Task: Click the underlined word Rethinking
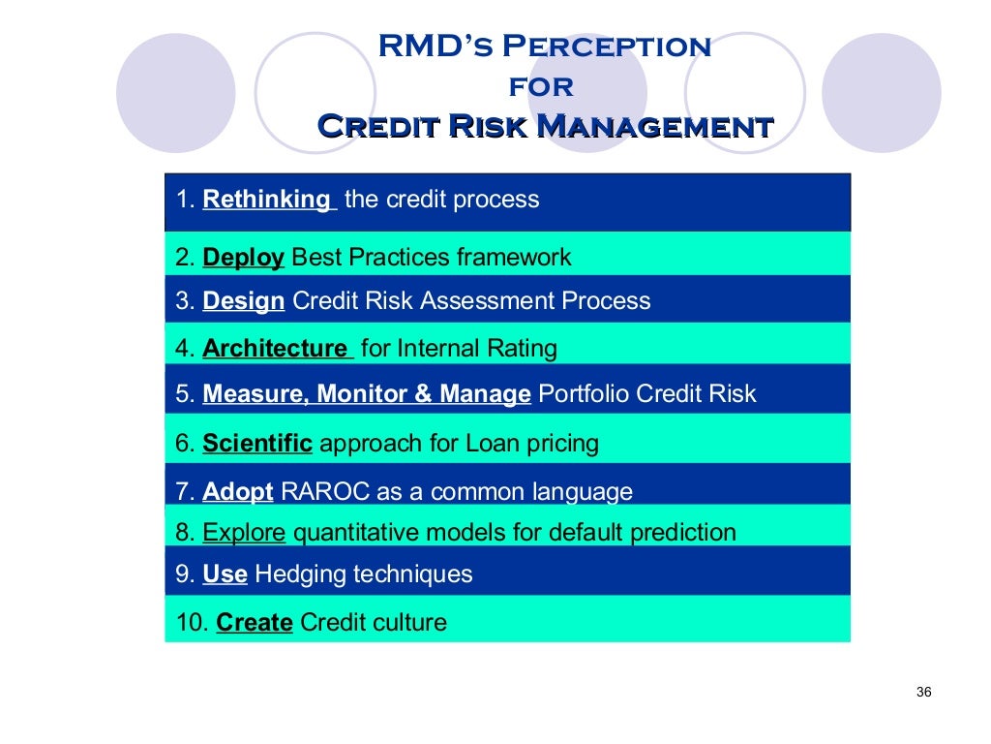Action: click(x=266, y=200)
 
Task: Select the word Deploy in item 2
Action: click(x=243, y=258)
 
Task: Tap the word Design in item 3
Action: click(x=243, y=301)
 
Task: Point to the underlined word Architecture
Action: click(x=275, y=348)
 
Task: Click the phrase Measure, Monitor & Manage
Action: click(x=367, y=394)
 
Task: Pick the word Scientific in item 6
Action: click(x=257, y=444)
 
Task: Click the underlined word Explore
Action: click(x=244, y=533)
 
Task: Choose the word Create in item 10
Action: click(x=255, y=622)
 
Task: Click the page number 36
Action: click(x=922, y=692)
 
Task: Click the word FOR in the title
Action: click(x=541, y=87)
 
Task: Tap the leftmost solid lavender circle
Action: click(x=175, y=93)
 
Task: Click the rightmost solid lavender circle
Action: click(x=881, y=93)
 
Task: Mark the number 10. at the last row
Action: click(x=192, y=622)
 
